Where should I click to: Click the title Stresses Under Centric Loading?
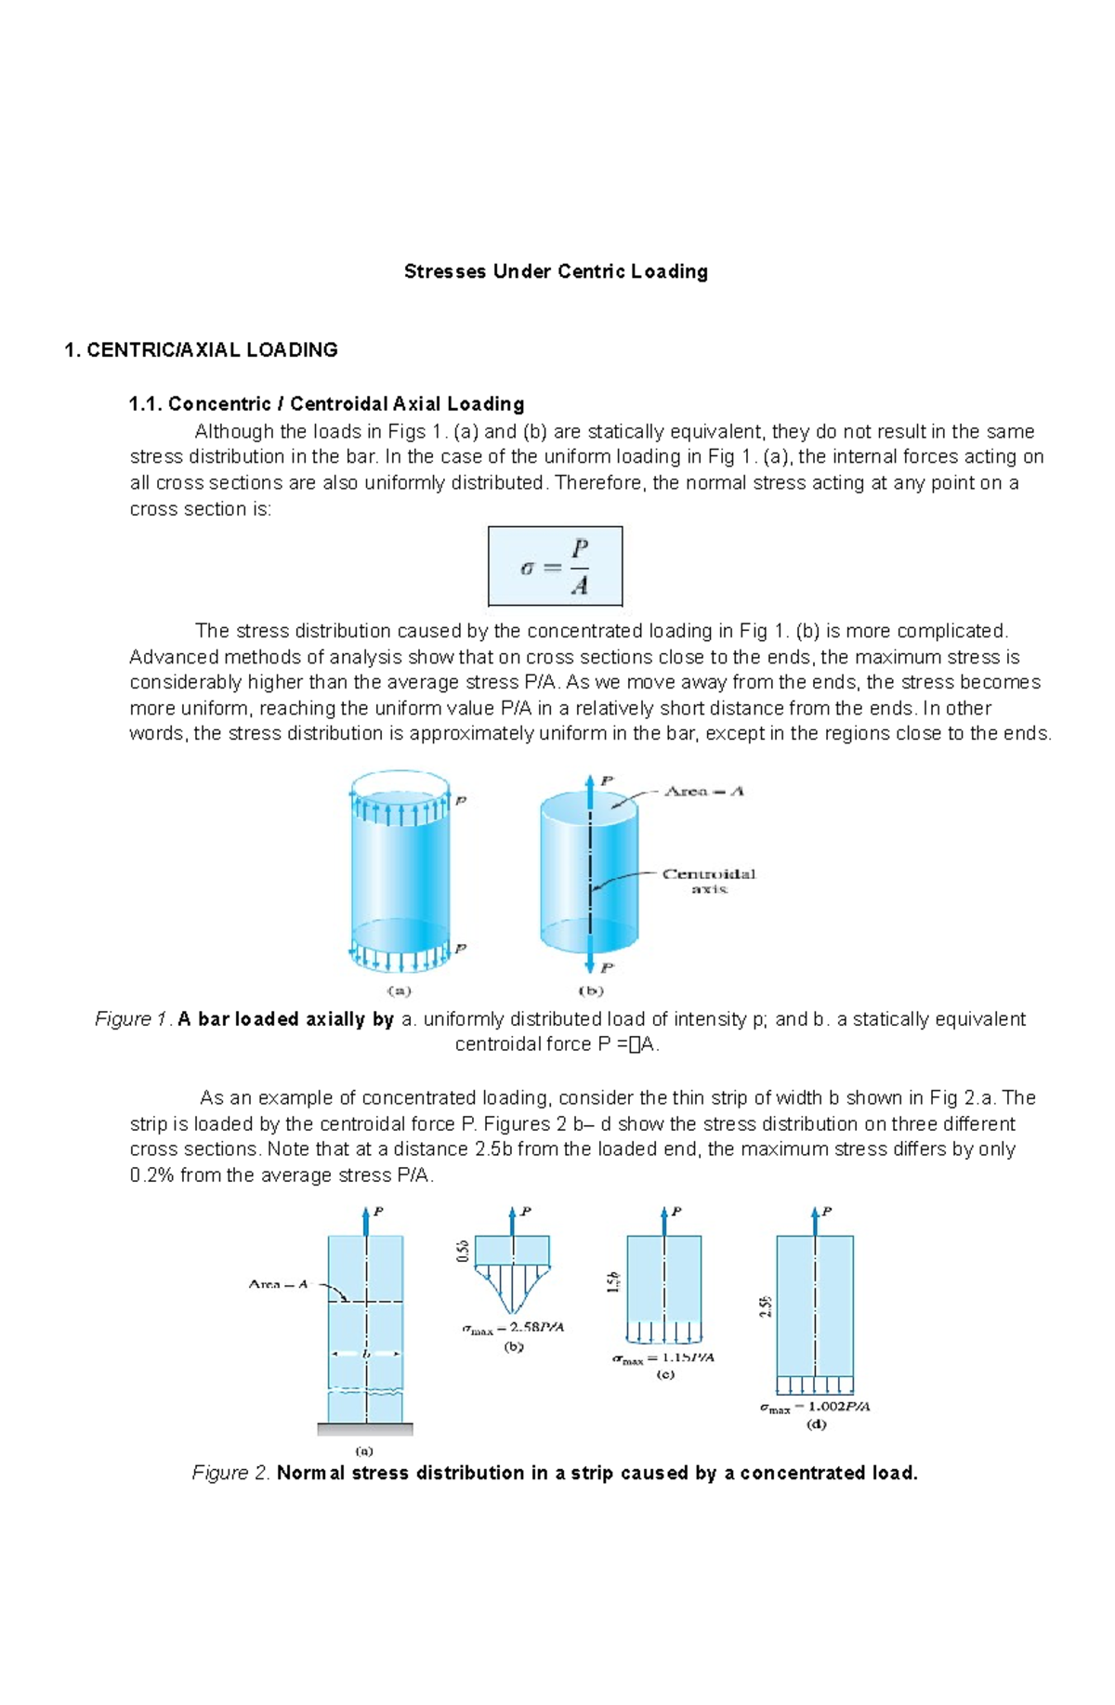556,271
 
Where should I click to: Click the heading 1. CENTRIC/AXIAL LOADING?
200,350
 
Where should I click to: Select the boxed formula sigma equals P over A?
555,566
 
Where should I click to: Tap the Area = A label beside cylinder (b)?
703,792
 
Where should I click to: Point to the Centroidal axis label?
708,881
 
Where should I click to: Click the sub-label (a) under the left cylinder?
399,990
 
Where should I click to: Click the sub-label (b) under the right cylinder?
590,990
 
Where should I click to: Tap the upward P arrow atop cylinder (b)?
590,790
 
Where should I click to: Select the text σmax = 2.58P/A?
513,1328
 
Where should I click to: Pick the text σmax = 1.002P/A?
815,1407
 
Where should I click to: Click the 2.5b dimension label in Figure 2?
765,1306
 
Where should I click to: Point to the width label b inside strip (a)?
366,1354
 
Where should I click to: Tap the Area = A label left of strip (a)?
278,1284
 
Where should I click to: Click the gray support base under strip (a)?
365,1429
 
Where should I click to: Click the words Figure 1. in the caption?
134,1019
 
